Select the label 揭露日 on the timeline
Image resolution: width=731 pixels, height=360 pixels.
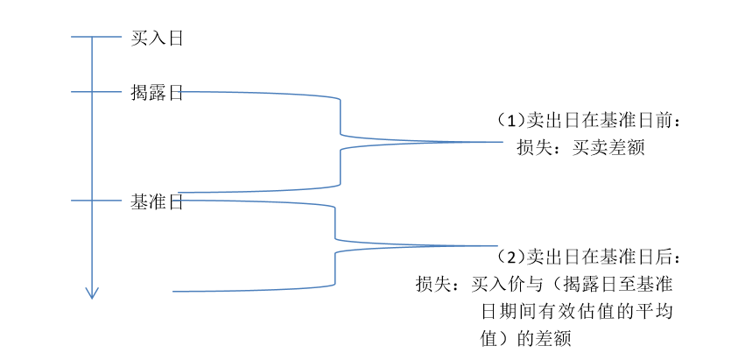[156, 92]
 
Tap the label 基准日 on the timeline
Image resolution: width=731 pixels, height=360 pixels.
[156, 202]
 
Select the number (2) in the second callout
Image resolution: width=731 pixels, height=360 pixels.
[510, 257]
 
